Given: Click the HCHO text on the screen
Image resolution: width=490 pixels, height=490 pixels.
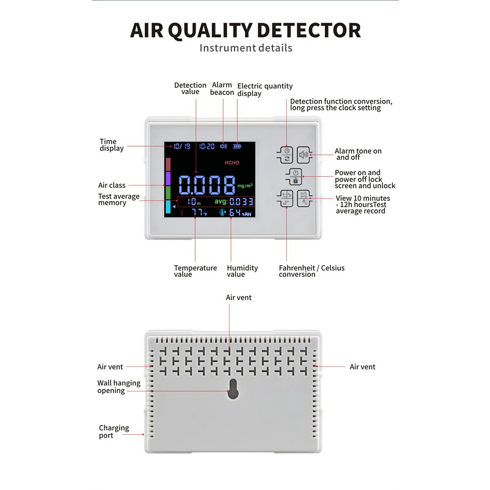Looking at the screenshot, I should pyautogui.click(x=232, y=163).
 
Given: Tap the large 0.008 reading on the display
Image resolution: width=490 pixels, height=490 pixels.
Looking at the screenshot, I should pyautogui.click(x=207, y=185).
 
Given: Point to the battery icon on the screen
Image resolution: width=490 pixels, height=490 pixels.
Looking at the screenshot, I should pyautogui.click(x=237, y=146).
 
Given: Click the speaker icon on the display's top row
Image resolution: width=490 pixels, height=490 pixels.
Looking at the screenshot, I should pyautogui.click(x=223, y=146).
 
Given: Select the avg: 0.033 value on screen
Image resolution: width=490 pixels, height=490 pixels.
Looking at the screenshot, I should pyautogui.click(x=234, y=202).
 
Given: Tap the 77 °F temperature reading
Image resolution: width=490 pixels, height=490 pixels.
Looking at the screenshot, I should pyautogui.click(x=199, y=212).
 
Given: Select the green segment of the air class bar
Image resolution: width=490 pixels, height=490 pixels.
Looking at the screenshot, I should pyautogui.click(x=168, y=192).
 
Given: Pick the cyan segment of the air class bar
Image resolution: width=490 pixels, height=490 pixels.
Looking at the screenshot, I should pyautogui.click(x=168, y=207).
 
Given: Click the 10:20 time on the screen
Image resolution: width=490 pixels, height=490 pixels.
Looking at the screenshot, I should pyautogui.click(x=207, y=146).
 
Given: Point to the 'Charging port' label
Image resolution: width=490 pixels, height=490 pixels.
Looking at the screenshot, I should pyautogui.click(x=114, y=432).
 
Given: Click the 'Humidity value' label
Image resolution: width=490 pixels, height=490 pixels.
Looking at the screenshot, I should pyautogui.click(x=242, y=271).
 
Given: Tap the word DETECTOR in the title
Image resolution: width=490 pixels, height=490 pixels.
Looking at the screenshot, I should pyautogui.click(x=309, y=31).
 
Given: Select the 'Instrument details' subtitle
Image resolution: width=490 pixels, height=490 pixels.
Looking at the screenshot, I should pyautogui.click(x=246, y=48).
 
